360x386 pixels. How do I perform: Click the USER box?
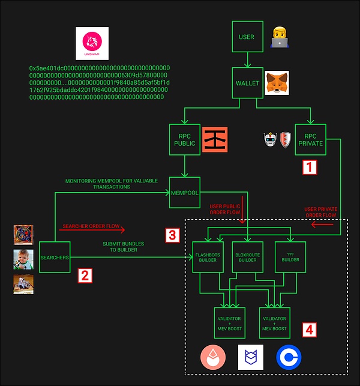click(247, 37)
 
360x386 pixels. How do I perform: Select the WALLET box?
click(247, 83)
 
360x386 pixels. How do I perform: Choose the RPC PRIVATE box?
click(310, 140)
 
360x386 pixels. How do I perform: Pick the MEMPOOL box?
click(184, 193)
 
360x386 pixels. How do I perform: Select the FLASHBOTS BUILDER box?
click(206, 256)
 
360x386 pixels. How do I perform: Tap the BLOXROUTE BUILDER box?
click(247, 256)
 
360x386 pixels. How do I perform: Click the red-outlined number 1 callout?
click(308, 167)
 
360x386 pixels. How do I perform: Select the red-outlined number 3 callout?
click(172, 235)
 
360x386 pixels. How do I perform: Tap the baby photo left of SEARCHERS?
click(23, 259)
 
